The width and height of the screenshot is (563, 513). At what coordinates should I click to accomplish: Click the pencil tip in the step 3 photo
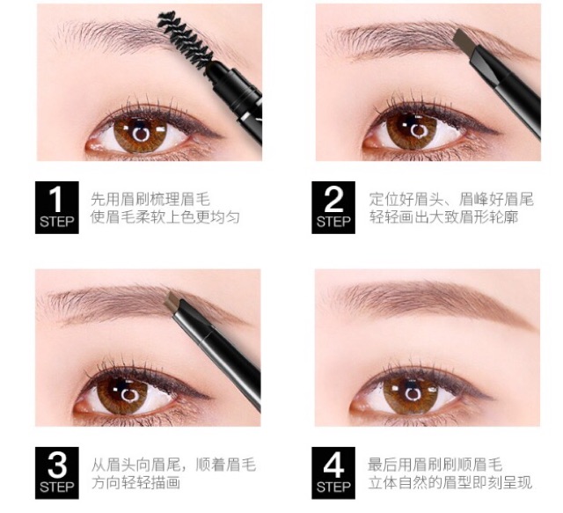(183, 304)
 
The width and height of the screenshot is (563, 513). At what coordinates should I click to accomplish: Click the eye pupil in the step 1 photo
(141, 133)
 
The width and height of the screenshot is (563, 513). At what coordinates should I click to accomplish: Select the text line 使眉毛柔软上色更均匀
(165, 216)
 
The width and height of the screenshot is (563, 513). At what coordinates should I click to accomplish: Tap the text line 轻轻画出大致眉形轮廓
(442, 216)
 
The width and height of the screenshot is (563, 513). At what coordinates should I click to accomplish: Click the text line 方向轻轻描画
(135, 482)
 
